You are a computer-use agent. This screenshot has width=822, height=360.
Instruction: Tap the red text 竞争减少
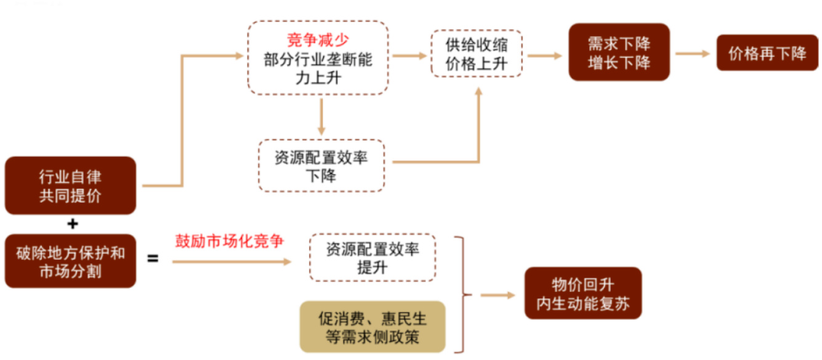point(318,41)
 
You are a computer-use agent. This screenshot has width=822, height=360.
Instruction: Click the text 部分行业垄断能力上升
point(318,70)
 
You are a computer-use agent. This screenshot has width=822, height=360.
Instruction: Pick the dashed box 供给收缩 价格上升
point(477,54)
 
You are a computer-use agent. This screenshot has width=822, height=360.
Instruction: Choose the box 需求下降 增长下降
point(619,53)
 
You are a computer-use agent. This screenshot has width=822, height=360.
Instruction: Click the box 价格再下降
point(767,53)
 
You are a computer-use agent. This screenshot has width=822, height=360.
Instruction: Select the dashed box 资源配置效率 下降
point(321,166)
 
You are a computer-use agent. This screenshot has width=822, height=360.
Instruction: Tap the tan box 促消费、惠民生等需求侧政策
point(373,327)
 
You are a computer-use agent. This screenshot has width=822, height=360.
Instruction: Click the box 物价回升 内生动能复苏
point(582,294)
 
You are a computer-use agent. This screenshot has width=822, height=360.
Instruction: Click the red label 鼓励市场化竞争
point(229,241)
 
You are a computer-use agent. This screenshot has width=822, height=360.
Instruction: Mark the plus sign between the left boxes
point(73,224)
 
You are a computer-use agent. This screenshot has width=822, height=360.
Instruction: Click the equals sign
point(152,258)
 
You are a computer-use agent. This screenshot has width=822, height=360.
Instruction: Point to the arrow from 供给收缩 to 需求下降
point(545,55)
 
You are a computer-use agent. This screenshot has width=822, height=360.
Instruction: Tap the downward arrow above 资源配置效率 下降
point(321,116)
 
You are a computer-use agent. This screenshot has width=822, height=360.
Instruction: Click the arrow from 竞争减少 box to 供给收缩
point(409,55)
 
